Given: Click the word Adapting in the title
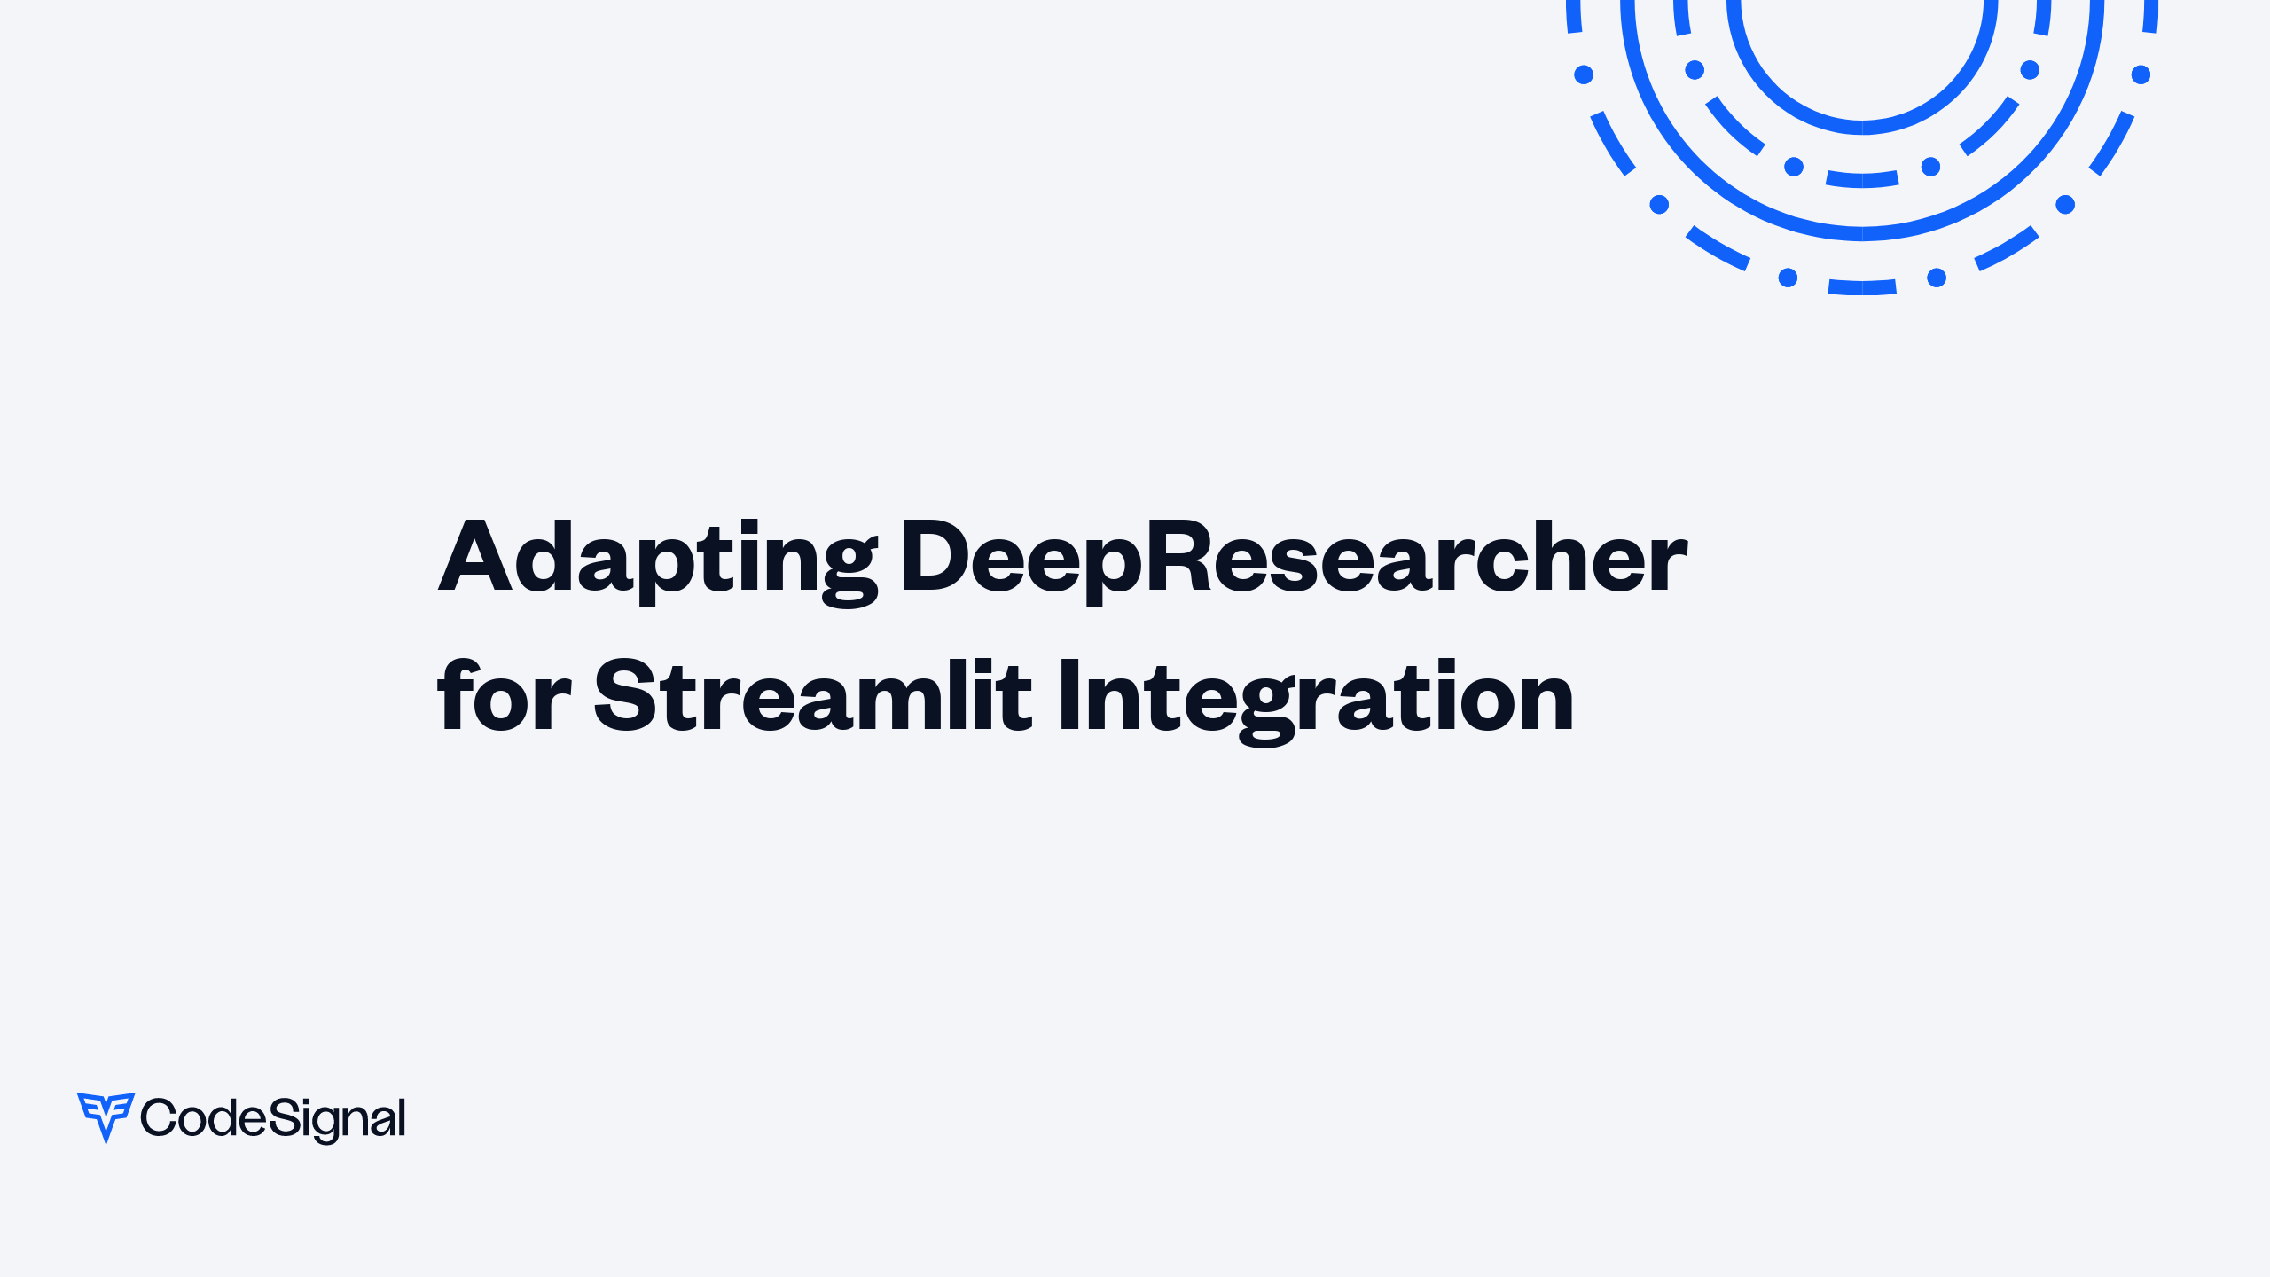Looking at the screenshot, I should click(657, 559).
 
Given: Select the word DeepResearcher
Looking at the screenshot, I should click(1294, 559).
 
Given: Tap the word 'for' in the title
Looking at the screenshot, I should click(504, 698).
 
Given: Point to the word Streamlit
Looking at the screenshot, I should click(812, 698).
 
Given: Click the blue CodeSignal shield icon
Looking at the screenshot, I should click(106, 1116).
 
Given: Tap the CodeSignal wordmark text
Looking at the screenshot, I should click(273, 1118).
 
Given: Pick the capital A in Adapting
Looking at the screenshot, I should click(475, 557).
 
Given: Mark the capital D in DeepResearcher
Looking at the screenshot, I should click(934, 557).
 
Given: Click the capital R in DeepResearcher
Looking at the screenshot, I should click(1178, 557).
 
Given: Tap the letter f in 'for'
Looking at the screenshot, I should click(456, 696).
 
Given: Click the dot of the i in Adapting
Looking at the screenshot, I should click(750, 524).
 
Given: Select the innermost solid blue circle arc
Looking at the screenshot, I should click(1862, 127).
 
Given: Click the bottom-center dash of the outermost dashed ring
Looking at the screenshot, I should click(1862, 287).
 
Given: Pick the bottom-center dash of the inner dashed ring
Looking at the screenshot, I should click(1862, 180).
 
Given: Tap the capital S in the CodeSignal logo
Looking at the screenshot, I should click(284, 1117).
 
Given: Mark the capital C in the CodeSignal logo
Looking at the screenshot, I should click(160, 1117).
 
